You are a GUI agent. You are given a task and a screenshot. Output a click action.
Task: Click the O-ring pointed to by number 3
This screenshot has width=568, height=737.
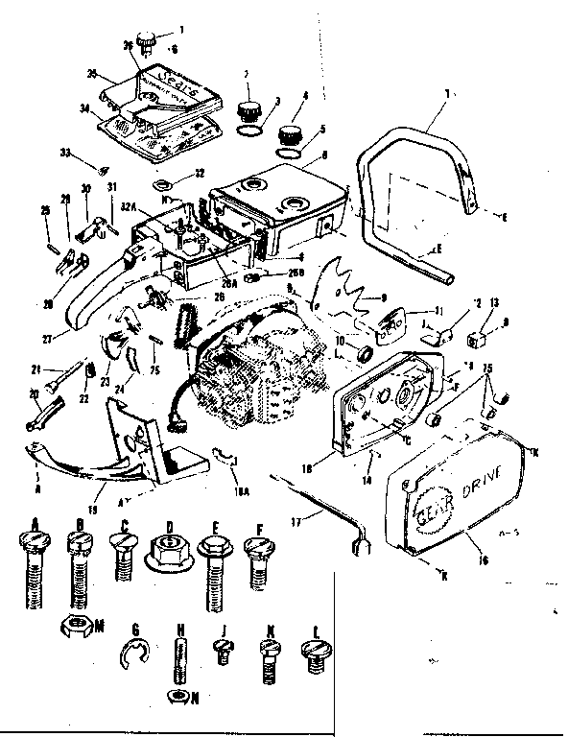coord(247,127)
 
